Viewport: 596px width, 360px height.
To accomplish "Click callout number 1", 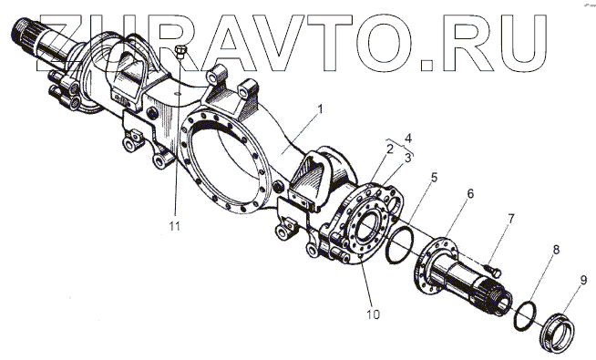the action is [x=321, y=110].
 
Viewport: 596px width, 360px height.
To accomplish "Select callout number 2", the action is [x=390, y=149].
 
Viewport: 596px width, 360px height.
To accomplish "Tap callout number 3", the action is [x=408, y=158].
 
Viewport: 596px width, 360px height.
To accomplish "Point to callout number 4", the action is [x=408, y=138].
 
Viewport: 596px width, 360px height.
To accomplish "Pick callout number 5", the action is [x=434, y=178].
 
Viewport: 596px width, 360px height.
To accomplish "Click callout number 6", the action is [x=470, y=193].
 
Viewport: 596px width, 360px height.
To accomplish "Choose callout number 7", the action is [x=511, y=219].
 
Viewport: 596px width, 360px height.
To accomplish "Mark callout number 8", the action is [x=556, y=250].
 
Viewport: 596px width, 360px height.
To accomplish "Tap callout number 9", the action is [x=583, y=280].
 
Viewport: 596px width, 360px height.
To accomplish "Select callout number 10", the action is [x=374, y=314].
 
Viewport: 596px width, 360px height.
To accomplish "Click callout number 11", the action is [x=174, y=226].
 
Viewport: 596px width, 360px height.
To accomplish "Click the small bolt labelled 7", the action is [x=494, y=271].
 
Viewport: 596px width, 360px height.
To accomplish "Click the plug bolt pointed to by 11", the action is [x=180, y=52].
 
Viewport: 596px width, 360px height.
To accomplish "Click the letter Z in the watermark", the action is [x=62, y=43].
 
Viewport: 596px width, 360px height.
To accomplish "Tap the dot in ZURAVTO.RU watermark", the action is [x=426, y=66].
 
